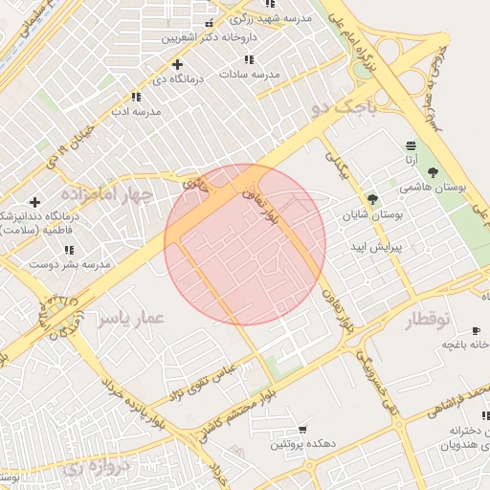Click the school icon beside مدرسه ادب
click(135, 97)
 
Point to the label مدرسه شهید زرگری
click(275, 17)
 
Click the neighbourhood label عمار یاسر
click(131, 318)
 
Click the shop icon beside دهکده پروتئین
click(303, 429)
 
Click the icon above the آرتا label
click(411, 145)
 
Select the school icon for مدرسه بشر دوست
click(68, 250)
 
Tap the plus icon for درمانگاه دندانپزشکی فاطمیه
click(34, 202)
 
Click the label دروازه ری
click(88, 468)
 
